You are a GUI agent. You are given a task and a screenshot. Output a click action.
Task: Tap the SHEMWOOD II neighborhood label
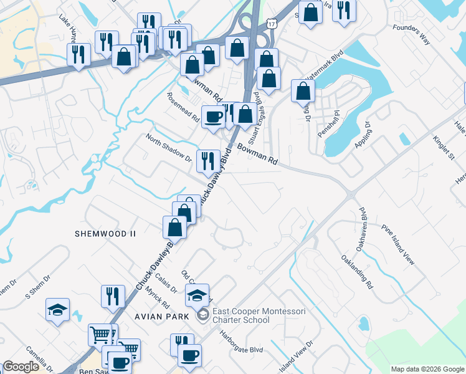click(105, 233)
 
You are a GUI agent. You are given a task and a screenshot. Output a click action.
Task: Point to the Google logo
click(21, 367)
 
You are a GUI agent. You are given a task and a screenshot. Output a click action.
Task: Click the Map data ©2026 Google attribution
click(427, 369)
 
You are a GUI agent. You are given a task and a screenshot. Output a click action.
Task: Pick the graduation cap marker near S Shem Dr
click(57, 309)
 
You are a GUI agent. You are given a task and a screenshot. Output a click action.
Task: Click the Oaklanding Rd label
click(356, 272)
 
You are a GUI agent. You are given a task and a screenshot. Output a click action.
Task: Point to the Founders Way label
click(412, 34)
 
